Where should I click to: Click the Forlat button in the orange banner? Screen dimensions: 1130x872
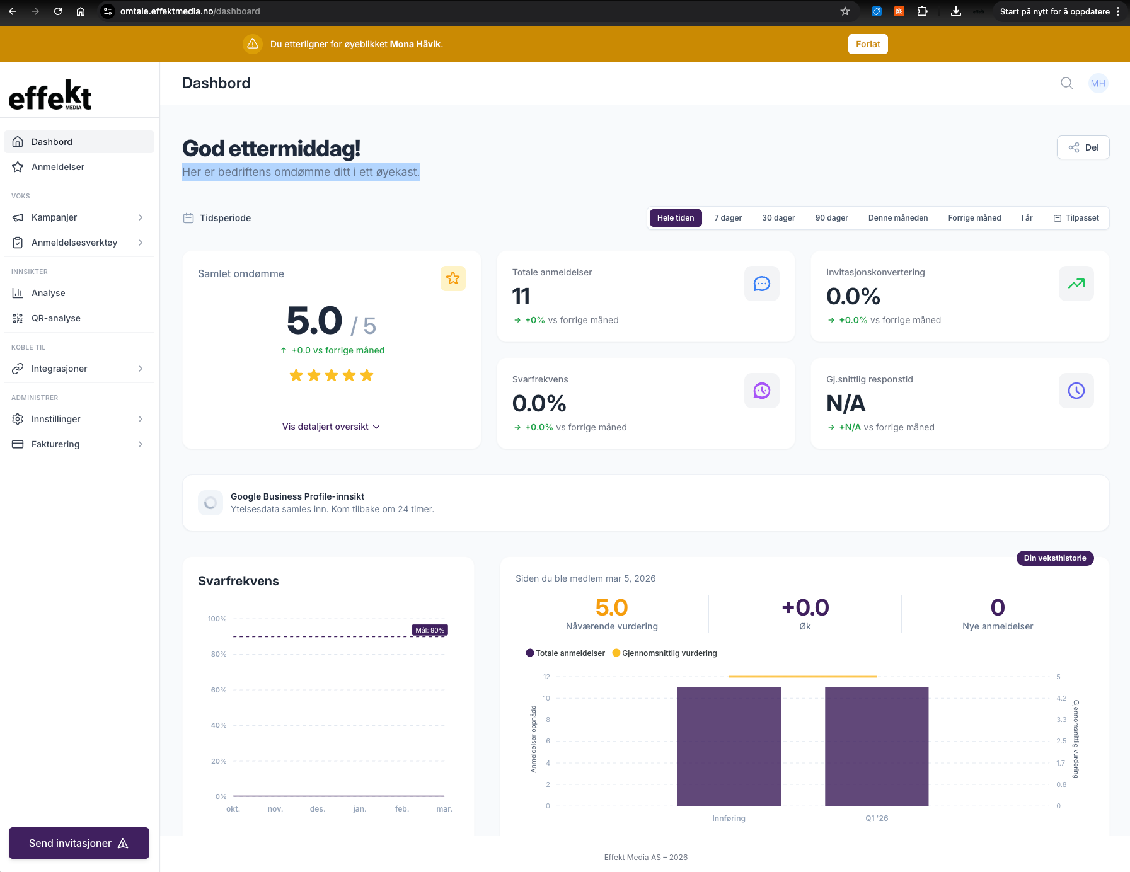tap(868, 44)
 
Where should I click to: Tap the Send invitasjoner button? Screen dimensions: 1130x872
tap(79, 843)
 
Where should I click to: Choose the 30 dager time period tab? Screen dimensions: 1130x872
tap(778, 218)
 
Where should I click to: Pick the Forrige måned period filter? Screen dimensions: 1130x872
tap(974, 218)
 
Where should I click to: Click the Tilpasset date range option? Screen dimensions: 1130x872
tap(1076, 218)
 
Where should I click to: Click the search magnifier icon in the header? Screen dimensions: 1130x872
tap(1066, 83)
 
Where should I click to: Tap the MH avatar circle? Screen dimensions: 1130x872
tap(1098, 83)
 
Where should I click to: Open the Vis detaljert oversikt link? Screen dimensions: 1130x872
tap(331, 427)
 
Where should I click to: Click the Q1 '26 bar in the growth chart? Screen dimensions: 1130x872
tap(877, 747)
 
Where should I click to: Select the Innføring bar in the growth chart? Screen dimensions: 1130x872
tap(729, 747)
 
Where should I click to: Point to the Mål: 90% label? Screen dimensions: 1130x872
tap(430, 630)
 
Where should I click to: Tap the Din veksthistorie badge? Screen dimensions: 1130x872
tap(1055, 558)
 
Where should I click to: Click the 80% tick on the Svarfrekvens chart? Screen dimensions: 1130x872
tap(219, 654)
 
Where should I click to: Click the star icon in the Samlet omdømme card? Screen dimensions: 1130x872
tap(453, 278)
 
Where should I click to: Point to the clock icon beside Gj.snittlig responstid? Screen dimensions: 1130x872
tap(1076, 391)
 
